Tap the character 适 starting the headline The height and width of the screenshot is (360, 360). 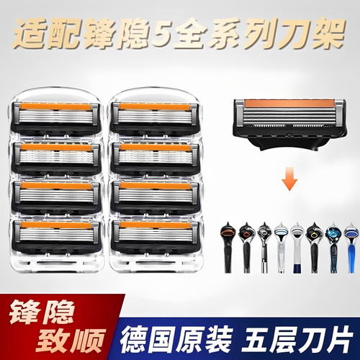click(x=35, y=35)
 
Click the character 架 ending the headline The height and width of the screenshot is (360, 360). click(x=323, y=35)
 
